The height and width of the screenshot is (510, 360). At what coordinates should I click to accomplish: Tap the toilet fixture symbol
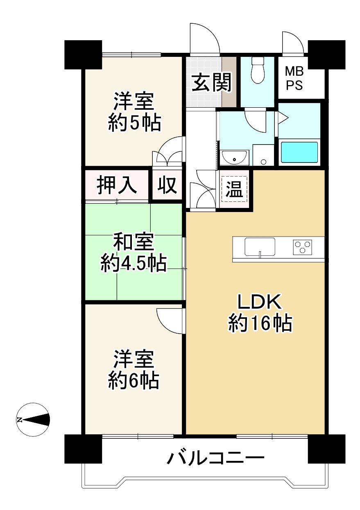[257, 70]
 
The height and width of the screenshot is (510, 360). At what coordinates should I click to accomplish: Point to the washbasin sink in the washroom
[234, 157]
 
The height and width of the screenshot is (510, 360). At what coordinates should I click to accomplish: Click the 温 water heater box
[235, 190]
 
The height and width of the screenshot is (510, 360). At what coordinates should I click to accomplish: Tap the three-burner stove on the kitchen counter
[303, 247]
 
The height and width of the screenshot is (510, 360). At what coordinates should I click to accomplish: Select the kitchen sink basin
[260, 247]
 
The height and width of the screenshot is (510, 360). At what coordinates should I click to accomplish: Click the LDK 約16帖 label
[260, 313]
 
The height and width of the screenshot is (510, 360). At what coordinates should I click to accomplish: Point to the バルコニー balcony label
[215, 458]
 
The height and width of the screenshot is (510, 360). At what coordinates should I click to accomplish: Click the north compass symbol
[33, 420]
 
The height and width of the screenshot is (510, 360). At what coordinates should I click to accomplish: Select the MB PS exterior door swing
[293, 43]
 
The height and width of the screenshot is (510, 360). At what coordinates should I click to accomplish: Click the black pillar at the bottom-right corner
[326, 449]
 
